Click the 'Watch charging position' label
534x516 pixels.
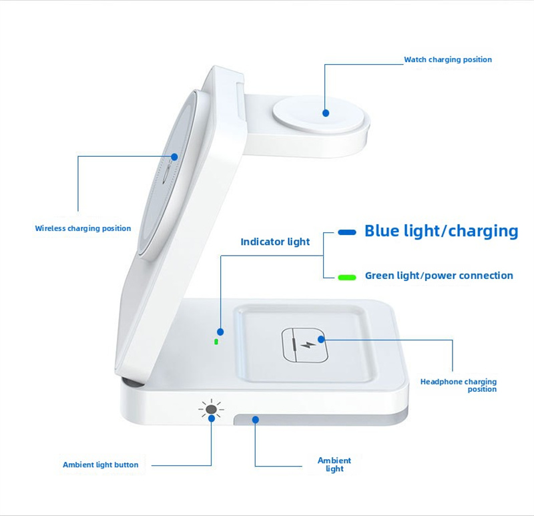coord(448,59)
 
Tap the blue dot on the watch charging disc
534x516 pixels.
coord(326,113)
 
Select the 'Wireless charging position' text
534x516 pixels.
coord(83,228)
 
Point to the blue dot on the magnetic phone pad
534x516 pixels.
coord(174,157)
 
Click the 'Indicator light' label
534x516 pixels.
coord(275,242)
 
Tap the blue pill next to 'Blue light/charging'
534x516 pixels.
coord(347,232)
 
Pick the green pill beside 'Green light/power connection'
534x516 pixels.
coord(347,277)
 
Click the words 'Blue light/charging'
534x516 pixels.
coord(441,231)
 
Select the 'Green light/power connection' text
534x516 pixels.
coord(439,276)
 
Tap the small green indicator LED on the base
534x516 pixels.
coord(216,342)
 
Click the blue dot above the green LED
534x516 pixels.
coord(220,332)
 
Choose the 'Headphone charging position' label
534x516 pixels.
coord(459,385)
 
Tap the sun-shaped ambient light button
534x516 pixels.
coord(211,409)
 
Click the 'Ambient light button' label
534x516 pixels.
coord(101,465)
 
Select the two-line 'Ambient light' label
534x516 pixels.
coord(334,465)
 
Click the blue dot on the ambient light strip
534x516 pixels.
coord(256,420)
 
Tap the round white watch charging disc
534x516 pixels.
coord(321,115)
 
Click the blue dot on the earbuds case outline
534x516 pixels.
coord(321,339)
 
